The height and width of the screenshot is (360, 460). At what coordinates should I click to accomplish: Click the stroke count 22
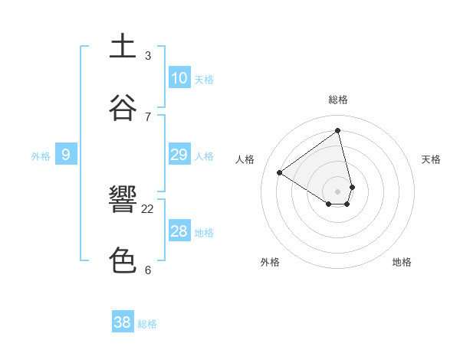pos(148,208)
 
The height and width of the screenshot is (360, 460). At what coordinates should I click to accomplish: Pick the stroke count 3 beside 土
pos(148,55)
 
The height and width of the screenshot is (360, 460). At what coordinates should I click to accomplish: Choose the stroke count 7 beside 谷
pos(148,116)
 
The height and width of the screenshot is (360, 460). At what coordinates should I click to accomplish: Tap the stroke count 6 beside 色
pos(148,270)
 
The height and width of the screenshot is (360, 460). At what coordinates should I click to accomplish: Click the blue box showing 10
pos(179,78)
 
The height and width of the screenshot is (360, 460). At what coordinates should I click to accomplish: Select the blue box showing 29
pos(179,155)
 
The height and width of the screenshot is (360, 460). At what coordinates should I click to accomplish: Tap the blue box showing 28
pos(179,231)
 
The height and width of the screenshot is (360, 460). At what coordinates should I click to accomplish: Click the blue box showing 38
pos(123,322)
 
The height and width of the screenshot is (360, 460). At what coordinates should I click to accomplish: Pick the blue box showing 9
pos(66,155)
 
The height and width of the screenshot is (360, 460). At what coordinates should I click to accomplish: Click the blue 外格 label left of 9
pos(41,156)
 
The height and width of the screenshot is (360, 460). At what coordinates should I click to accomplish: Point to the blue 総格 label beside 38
pos(147,324)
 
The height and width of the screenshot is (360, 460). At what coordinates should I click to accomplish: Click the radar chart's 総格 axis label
pos(338,100)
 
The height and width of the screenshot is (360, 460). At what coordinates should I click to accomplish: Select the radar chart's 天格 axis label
pos(432,159)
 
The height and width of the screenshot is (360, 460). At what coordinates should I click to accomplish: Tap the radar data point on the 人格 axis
pos(280,172)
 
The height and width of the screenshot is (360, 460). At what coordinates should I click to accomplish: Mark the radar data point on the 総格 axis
pos(338,130)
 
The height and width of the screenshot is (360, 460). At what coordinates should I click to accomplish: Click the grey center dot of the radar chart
pos(338,191)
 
